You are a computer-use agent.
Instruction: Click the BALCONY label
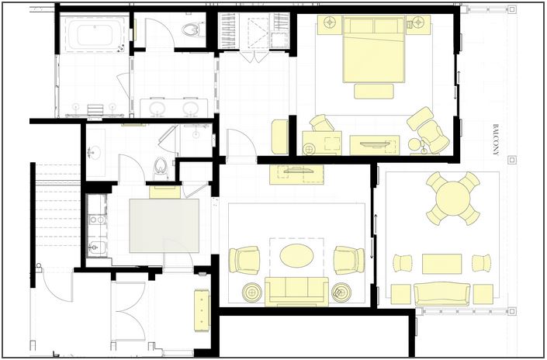point(495,140)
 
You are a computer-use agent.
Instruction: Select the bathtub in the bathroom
point(95,34)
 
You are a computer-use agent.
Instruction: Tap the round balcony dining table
point(453,199)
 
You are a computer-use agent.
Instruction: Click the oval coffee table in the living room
point(296,256)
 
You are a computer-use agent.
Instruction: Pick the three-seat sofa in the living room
point(296,292)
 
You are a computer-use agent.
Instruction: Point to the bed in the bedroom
point(374,49)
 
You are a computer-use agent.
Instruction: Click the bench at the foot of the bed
point(374,91)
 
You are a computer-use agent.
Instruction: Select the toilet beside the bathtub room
point(193,30)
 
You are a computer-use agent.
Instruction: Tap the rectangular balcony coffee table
point(442,264)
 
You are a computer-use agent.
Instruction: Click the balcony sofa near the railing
point(441,294)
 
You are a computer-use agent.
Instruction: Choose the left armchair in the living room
point(244,260)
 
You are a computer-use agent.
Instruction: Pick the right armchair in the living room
point(349,260)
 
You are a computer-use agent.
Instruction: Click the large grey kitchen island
point(164,226)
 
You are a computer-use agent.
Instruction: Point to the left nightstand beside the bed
point(330,24)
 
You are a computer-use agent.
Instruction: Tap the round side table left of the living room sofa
point(252,292)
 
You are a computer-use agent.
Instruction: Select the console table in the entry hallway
point(202,310)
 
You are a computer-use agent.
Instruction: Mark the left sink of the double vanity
point(158,108)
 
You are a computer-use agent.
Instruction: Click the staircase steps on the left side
point(57,213)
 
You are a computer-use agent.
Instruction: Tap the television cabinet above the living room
point(296,175)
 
